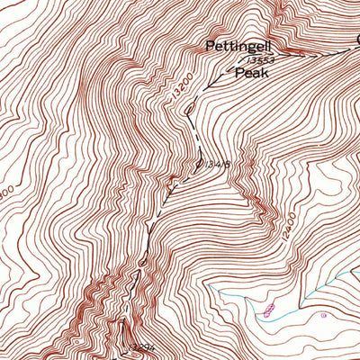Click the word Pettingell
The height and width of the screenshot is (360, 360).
pos(238,45)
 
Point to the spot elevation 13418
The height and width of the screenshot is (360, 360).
pos(209,164)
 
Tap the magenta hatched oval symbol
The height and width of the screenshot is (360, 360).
pos(269,310)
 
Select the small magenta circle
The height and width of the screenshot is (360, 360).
pos(323,316)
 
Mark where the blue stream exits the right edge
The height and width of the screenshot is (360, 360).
pos(359,275)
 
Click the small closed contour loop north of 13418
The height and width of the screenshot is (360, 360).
pos(192,110)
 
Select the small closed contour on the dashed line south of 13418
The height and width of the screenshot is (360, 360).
pos(143,263)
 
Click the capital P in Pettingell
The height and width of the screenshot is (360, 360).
pos(210,45)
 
